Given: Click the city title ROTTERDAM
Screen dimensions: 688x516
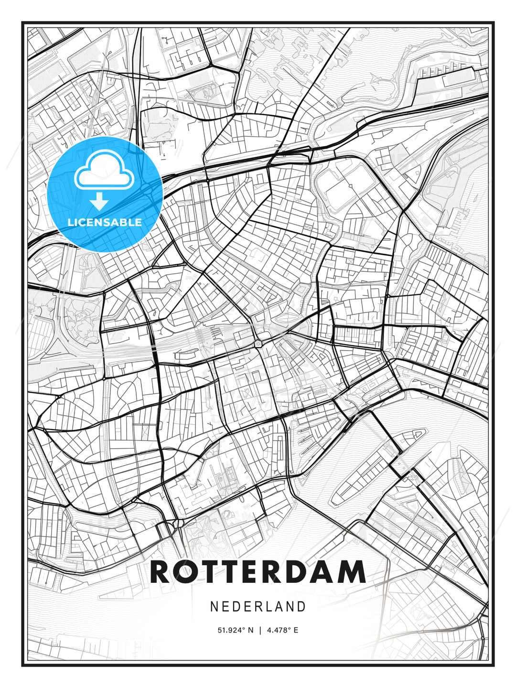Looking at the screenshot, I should (x=258, y=572).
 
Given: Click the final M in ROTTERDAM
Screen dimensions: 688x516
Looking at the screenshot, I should (x=352, y=572).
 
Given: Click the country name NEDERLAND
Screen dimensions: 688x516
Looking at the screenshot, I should (x=258, y=607).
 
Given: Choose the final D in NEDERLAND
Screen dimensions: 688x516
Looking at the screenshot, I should (x=301, y=607).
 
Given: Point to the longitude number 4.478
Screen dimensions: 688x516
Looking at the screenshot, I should (x=279, y=630).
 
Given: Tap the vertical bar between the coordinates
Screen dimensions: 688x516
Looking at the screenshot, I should (x=260, y=630).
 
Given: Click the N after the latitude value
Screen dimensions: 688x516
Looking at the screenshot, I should (x=251, y=630).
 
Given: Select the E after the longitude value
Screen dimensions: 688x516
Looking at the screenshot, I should (x=296, y=630).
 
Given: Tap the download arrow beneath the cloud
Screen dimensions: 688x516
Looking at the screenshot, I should (x=99, y=202).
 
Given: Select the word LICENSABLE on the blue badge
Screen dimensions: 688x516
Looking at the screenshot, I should (x=105, y=222).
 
